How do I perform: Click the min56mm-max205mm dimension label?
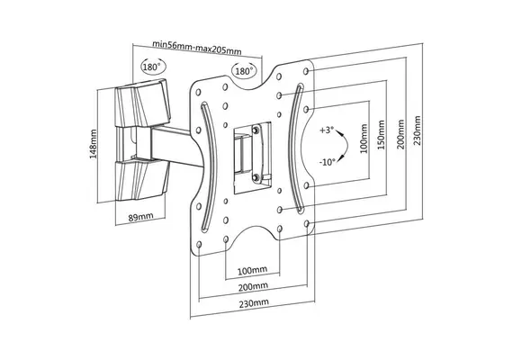[x=197, y=48]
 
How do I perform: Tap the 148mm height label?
[x=94, y=144]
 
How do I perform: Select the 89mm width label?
[x=140, y=217]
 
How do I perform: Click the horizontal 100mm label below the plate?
[x=252, y=270]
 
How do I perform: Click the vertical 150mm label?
[x=382, y=135]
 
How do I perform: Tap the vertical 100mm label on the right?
[x=364, y=139]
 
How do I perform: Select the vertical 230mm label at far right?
[x=418, y=130]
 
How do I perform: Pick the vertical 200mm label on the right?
[x=400, y=134]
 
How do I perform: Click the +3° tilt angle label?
[x=327, y=130]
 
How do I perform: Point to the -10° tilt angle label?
[x=328, y=162]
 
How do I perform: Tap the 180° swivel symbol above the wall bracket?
[x=153, y=67]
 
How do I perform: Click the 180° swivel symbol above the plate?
[x=244, y=71]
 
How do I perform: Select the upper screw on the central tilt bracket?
[x=256, y=130]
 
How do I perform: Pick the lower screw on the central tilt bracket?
[x=256, y=177]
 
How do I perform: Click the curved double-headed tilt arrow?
[x=346, y=146]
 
